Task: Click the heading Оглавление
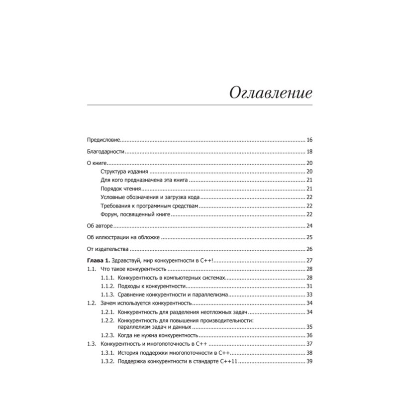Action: pyautogui.click(x=271, y=93)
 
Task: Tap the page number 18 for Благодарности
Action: pyautogui.click(x=309, y=152)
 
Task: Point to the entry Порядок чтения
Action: pyautogui.click(x=121, y=189)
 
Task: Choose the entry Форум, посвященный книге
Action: pyautogui.click(x=135, y=214)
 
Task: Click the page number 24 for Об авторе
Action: pyautogui.click(x=309, y=226)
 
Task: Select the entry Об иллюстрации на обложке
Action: pyautogui.click(x=123, y=238)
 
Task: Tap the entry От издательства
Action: pyautogui.click(x=108, y=249)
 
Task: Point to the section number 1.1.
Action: pyautogui.click(x=91, y=269)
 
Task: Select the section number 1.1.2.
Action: pyautogui.click(x=107, y=286)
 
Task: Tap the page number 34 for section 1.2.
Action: pyautogui.click(x=309, y=303)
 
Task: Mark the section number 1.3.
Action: pyautogui.click(x=91, y=344)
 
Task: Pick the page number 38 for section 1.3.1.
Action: pyautogui.click(x=309, y=353)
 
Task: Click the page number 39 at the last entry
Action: pyautogui.click(x=309, y=361)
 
